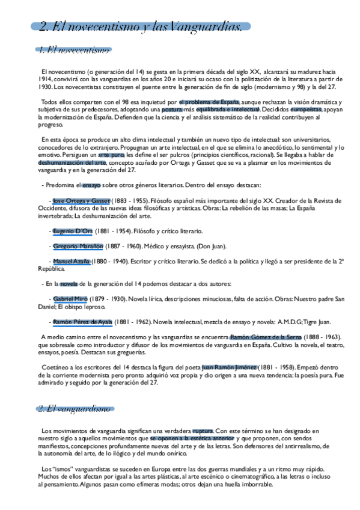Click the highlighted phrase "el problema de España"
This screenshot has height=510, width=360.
click(205, 102)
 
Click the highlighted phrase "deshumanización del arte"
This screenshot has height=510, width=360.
click(72, 162)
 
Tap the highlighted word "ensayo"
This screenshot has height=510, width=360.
click(91, 185)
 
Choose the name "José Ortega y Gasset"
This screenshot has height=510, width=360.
click(81, 200)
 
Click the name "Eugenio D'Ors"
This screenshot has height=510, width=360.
click(72, 231)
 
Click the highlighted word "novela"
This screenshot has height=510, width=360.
click(68, 284)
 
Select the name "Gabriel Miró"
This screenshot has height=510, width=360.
click(71, 299)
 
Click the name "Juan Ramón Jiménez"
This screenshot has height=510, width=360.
click(229, 367)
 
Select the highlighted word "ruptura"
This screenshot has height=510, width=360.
click(203, 431)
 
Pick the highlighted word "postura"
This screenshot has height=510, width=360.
click(171, 109)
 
